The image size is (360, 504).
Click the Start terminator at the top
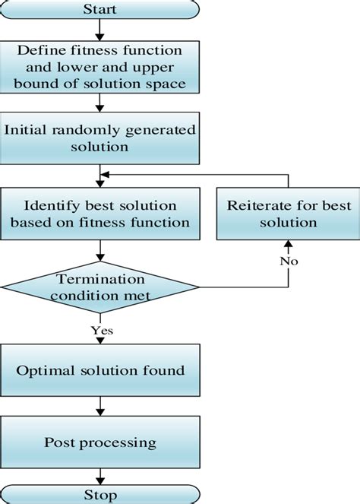click(x=99, y=9)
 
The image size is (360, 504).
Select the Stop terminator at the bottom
click(x=99, y=496)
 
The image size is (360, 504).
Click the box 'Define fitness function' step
click(x=99, y=67)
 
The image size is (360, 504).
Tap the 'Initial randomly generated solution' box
click(x=99, y=137)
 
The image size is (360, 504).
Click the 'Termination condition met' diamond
click(x=99, y=286)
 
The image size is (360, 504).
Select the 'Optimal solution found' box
click(x=99, y=371)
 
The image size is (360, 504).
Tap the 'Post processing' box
click(x=99, y=442)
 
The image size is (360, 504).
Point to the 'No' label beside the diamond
click(x=289, y=261)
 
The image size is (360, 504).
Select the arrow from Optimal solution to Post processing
click(x=99, y=407)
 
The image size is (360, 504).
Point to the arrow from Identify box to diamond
click(x=99, y=251)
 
